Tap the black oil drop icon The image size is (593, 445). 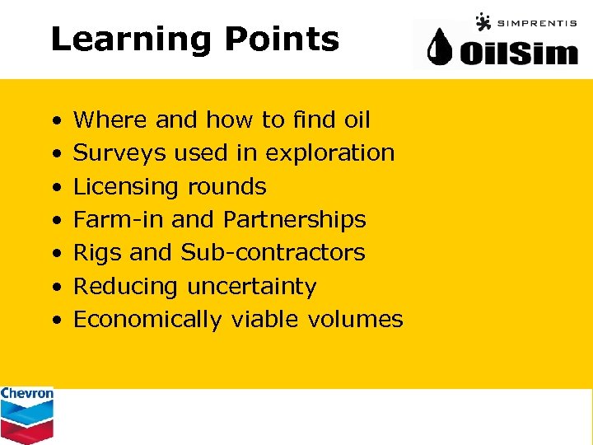click(x=444, y=50)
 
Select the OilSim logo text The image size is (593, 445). click(x=518, y=54)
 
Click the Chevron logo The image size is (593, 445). click(x=26, y=415)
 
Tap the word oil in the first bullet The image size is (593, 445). click(x=357, y=120)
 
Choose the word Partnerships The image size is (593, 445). click(x=294, y=220)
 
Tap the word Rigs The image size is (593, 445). click(x=95, y=253)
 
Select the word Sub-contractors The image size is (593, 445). click(x=273, y=253)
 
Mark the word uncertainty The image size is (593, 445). click(x=252, y=287)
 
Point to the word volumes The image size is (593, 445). click(x=355, y=320)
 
